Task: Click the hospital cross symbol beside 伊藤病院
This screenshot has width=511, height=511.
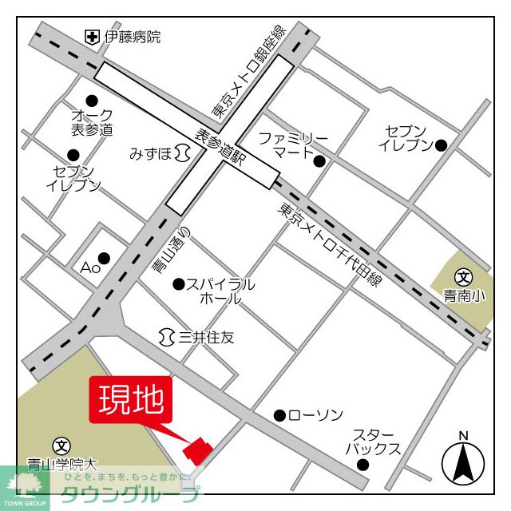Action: [93, 37]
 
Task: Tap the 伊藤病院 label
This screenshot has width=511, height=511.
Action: [133, 37]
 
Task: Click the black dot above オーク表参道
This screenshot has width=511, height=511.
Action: [92, 100]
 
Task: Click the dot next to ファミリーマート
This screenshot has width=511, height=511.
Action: [319, 161]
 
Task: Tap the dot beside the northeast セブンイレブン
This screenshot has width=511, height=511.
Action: [440, 145]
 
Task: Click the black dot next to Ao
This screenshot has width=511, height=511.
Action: [104, 257]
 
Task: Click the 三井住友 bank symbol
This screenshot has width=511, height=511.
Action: [168, 337]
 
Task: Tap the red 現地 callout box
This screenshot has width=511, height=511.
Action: [131, 399]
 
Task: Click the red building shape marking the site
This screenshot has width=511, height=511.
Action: [198, 450]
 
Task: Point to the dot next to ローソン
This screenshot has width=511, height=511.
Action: [279, 415]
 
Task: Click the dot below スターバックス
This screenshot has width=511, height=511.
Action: [363, 465]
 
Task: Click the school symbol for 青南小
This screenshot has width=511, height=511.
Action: [462, 277]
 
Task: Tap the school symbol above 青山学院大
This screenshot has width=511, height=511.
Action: [61, 445]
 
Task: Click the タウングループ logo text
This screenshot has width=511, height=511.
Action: [130, 493]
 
